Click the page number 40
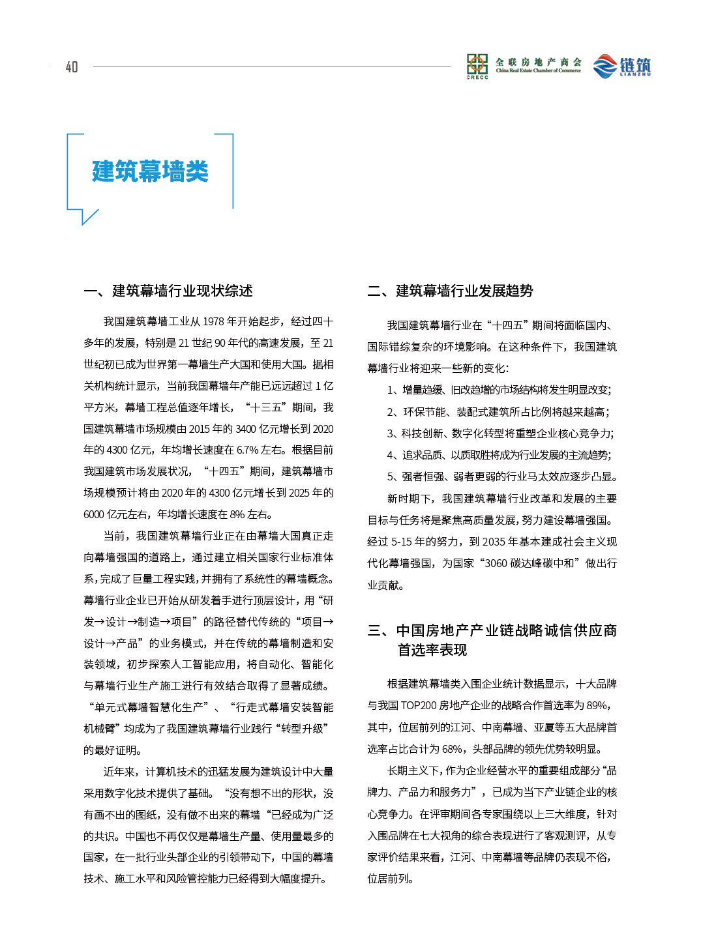(72, 66)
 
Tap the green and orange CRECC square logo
(477, 65)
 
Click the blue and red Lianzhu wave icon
(604, 66)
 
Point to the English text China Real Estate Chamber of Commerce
(538, 70)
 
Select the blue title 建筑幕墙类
(150, 171)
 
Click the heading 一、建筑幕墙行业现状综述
(168, 291)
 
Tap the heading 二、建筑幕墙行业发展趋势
(451, 291)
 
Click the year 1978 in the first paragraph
(213, 321)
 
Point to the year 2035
(494, 542)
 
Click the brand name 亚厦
(544, 727)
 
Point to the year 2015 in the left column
(199, 429)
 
